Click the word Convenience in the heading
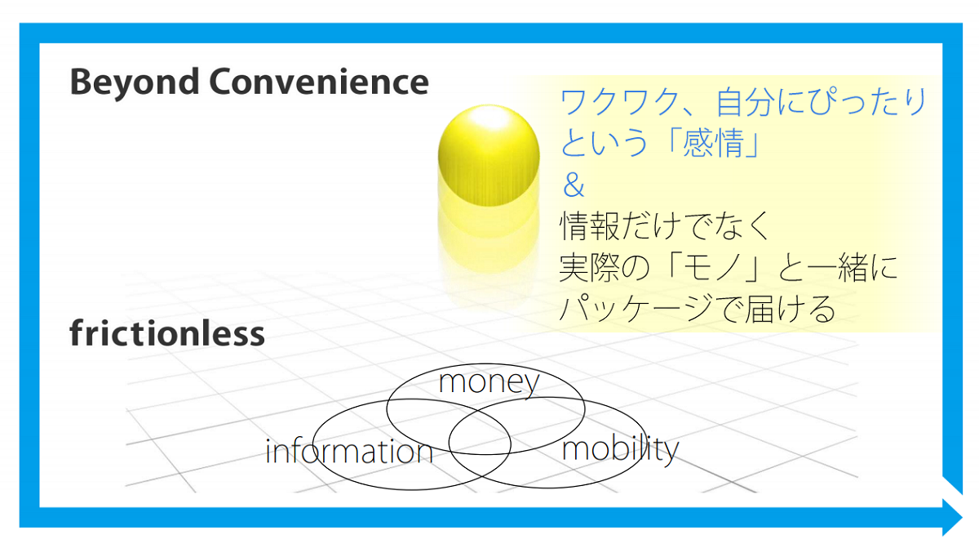(x=319, y=82)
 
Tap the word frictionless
(x=167, y=332)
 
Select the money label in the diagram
(x=489, y=383)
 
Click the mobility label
(x=620, y=450)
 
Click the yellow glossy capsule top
(x=489, y=155)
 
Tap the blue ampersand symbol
(x=574, y=185)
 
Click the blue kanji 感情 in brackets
(x=713, y=143)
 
